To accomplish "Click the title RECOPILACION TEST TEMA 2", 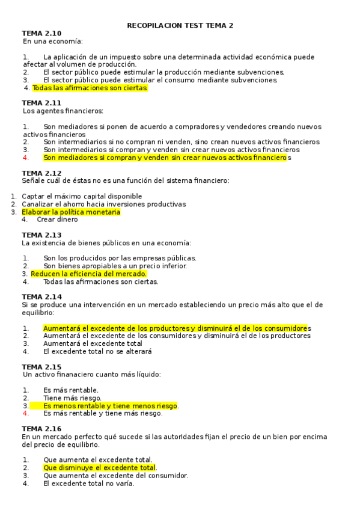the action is [x=180, y=26].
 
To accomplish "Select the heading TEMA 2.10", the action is [x=41, y=34].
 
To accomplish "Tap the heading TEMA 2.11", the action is [x=41, y=103].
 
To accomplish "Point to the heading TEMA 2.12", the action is [x=41, y=173].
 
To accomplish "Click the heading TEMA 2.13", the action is [x=41, y=235].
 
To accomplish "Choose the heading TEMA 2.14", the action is [x=41, y=297].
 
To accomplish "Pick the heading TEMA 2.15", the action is [x=41, y=367].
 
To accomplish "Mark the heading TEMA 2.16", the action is [x=41, y=429].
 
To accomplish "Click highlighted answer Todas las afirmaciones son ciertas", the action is [x=90, y=88].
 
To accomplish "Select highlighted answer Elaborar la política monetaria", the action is [x=71, y=212].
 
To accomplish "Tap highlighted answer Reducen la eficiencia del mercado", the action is [x=89, y=274].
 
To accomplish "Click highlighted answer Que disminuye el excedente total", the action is [x=99, y=467].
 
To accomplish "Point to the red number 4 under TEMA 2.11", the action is [x=26, y=158].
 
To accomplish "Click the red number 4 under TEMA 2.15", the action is [x=26, y=413].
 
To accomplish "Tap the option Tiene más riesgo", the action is [x=72, y=398].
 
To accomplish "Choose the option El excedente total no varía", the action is [x=89, y=483].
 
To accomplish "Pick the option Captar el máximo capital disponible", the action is [x=82, y=196].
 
